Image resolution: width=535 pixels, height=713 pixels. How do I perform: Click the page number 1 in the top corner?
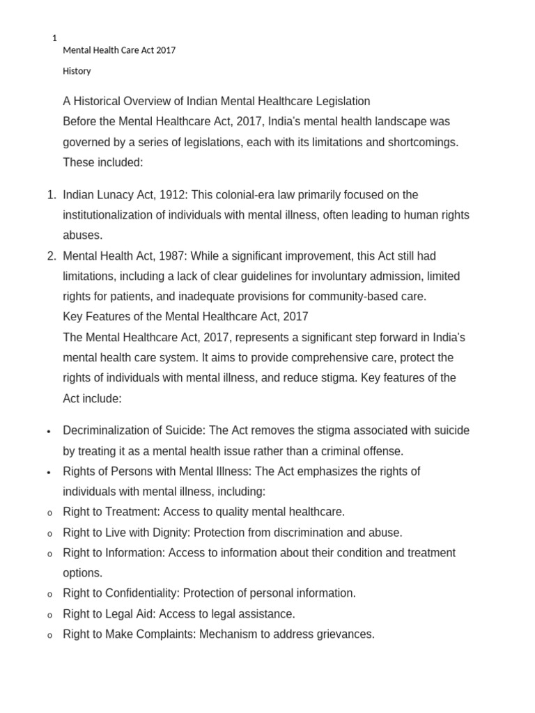coord(54,38)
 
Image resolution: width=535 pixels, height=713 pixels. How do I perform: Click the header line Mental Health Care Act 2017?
coord(119,50)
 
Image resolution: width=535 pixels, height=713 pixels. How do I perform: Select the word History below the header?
coord(77,71)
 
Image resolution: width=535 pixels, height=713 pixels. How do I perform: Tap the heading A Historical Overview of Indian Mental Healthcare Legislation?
coord(216,102)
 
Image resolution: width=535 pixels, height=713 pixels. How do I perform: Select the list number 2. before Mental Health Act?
coord(52,256)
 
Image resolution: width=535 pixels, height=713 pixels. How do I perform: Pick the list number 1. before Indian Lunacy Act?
coord(52,195)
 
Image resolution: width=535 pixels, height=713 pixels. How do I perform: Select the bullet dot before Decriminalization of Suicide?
coord(49,432)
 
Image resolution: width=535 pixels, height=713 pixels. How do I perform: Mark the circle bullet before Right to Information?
coord(49,554)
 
